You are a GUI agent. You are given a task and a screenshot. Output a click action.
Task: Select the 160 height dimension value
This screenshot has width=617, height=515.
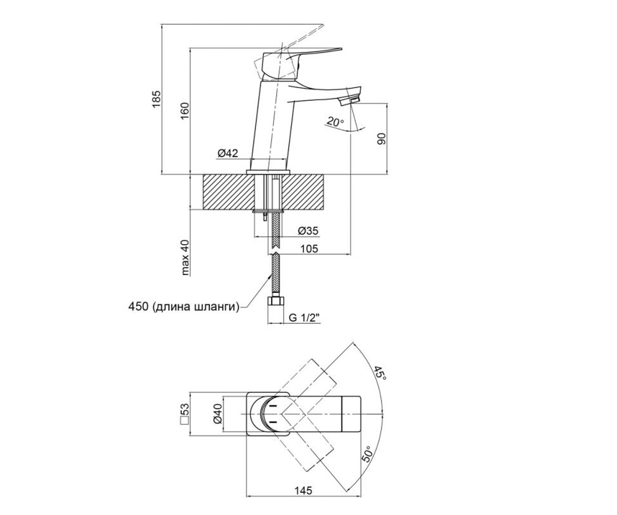(185, 111)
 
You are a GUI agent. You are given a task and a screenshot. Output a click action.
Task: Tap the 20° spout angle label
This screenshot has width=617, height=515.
(336, 122)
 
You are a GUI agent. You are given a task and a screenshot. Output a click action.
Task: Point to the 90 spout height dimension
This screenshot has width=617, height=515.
(382, 139)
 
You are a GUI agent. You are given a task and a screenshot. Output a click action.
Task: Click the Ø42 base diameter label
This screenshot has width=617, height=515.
(228, 153)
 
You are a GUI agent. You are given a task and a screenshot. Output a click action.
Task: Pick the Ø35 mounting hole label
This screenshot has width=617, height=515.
(308, 231)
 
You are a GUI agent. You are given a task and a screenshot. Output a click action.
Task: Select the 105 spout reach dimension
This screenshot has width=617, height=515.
(309, 248)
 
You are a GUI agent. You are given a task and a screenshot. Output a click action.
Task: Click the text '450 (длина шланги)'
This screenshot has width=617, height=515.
(184, 306)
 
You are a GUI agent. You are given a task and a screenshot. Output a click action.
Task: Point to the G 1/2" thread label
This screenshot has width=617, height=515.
(305, 318)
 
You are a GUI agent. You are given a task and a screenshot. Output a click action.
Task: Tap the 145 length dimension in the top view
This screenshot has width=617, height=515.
(303, 491)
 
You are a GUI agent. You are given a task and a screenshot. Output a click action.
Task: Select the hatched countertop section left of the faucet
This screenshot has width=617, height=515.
(228, 193)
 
